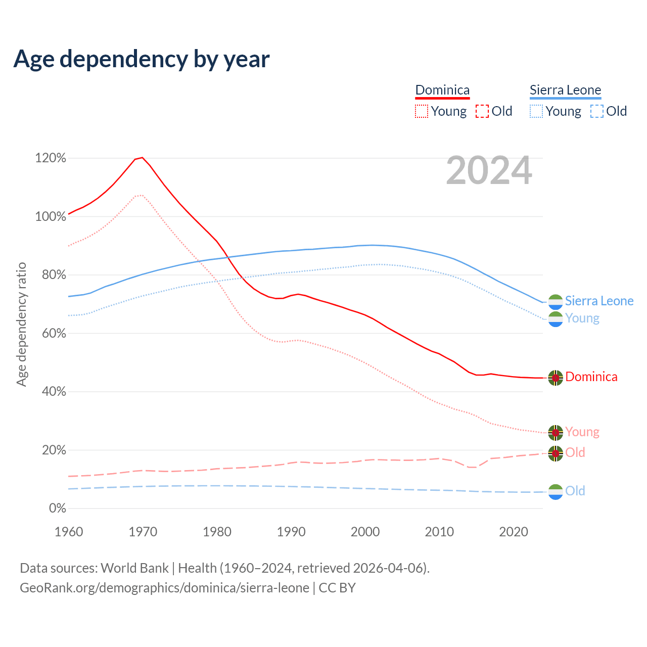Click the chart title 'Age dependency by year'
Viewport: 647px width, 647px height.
point(142,59)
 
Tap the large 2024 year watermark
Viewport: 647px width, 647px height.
point(489,170)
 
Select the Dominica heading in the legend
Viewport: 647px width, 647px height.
point(442,90)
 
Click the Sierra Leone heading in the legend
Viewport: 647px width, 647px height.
point(565,90)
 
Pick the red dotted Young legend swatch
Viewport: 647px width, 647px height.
point(422,111)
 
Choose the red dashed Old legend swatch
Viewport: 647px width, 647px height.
point(482,111)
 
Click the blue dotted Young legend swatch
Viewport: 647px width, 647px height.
point(536,111)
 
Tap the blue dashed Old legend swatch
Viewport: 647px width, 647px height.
point(597,111)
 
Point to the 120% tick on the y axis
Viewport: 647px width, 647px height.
point(51,158)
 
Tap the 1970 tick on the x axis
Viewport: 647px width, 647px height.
point(143,532)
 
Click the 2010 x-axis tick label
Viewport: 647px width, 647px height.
point(439,532)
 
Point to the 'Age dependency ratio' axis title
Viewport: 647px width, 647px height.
point(21,324)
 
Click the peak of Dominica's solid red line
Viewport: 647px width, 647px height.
point(143,157)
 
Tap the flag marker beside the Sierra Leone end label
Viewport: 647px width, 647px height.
point(556,301)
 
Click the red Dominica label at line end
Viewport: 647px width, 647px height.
point(591,377)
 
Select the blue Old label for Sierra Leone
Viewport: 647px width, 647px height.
point(575,491)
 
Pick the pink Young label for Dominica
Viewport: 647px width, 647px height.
point(582,432)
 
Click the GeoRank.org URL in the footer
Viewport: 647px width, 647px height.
point(164,588)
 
